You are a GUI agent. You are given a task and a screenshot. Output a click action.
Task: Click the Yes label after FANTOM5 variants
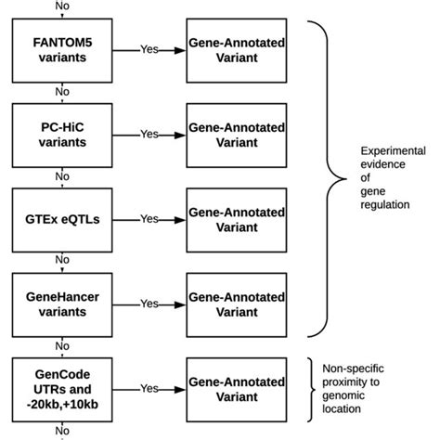[149, 48]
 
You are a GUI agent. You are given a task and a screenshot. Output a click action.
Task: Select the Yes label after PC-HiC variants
[149, 133]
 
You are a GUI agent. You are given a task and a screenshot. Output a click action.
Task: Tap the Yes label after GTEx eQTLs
[149, 218]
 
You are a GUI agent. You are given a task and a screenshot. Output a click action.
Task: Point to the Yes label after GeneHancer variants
[149, 303]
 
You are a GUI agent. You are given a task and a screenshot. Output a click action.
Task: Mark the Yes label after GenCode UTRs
[149, 388]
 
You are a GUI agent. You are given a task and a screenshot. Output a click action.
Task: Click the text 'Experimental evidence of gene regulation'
[391, 175]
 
